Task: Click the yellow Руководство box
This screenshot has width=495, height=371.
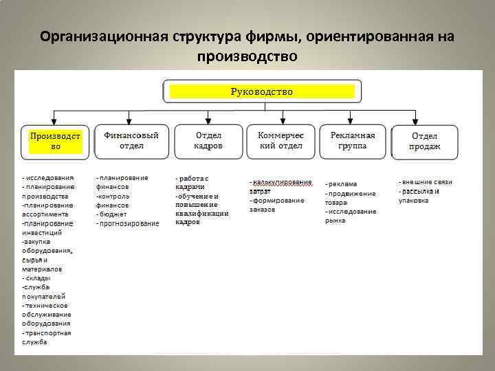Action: click(261, 91)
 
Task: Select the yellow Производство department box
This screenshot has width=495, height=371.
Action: click(55, 142)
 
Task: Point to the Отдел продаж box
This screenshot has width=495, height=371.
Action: click(425, 142)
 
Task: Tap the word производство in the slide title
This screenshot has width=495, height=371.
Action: click(247, 56)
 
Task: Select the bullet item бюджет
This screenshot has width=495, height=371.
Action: click(112, 214)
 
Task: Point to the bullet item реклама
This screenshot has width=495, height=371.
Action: click(342, 184)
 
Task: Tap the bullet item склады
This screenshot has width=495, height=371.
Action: click(36, 278)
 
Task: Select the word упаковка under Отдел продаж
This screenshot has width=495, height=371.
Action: click(413, 201)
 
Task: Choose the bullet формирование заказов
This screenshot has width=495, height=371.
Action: click(277, 201)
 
